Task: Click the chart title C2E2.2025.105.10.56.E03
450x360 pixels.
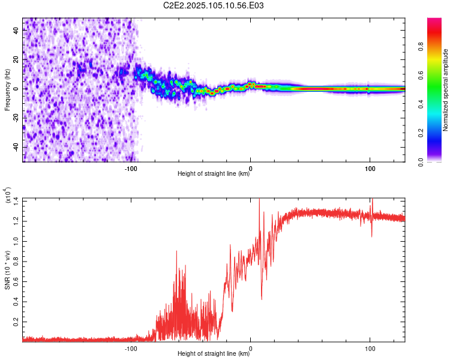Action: [x=213, y=5]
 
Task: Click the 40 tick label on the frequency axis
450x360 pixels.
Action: [x=16, y=31]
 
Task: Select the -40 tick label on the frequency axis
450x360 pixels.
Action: [x=16, y=148]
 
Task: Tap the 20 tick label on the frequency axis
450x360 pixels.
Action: [x=16, y=60]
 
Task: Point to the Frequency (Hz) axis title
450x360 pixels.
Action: [x=7, y=89]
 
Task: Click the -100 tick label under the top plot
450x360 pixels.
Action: [x=131, y=169]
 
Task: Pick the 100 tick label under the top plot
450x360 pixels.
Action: [x=370, y=169]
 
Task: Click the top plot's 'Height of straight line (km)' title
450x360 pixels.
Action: [x=214, y=173]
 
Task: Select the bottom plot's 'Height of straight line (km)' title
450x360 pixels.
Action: [x=214, y=353]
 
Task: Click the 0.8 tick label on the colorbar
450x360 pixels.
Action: [x=421, y=47]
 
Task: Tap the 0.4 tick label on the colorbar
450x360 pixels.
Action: [x=421, y=104]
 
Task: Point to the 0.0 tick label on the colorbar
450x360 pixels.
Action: [x=421, y=162]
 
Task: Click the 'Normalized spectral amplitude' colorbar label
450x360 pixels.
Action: [x=445, y=90]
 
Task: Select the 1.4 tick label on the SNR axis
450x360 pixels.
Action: [x=16, y=201]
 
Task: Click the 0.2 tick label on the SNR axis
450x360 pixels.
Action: [x=16, y=322]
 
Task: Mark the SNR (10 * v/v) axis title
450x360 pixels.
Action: [x=7, y=270]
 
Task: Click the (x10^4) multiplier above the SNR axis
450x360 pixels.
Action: [x=8, y=195]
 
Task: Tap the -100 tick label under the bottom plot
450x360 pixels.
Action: [x=131, y=349]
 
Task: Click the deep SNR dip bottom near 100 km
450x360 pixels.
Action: [x=371, y=236]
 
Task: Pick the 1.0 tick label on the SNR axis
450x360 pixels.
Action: [x=16, y=241]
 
